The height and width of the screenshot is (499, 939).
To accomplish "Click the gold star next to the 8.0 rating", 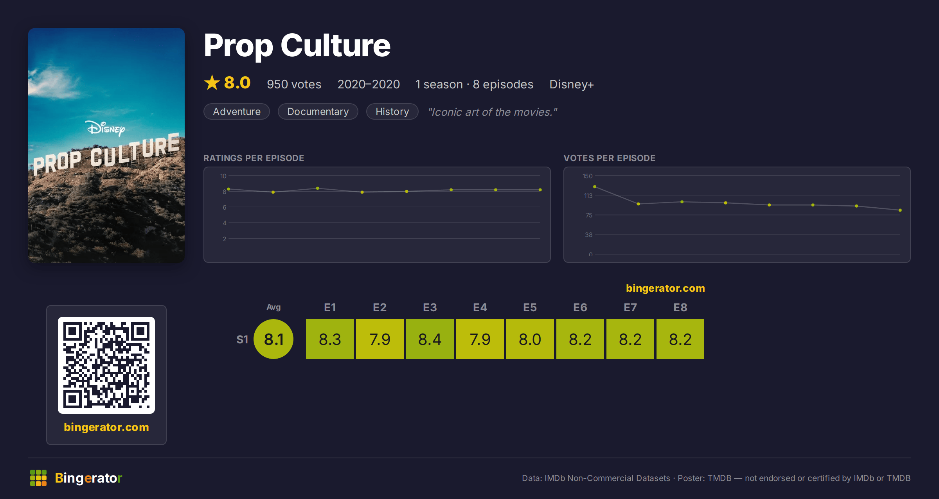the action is tap(212, 83).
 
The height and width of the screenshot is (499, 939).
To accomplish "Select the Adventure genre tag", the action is tap(237, 111).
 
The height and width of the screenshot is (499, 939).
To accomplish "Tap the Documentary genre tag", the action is tap(318, 111).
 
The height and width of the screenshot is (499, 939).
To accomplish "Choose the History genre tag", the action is tap(392, 111).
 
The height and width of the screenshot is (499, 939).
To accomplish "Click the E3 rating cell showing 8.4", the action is tap(430, 339).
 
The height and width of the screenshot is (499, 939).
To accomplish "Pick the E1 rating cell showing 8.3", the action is tap(330, 339).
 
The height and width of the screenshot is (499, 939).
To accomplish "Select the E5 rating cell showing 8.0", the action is tap(530, 339).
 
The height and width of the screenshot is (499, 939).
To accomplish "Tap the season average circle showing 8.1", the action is tap(273, 339).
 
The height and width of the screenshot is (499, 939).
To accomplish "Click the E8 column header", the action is tap(680, 307).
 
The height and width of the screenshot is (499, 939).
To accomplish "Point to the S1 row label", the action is tap(242, 339).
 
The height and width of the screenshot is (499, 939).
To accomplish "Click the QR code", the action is tap(106, 365).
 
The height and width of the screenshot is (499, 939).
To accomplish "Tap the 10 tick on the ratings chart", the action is tap(223, 176).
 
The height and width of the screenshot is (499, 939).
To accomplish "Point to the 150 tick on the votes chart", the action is tap(587, 176).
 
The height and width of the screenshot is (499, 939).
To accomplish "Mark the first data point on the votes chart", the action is tap(595, 187).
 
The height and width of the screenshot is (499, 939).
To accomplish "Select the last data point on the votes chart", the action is tap(900, 210).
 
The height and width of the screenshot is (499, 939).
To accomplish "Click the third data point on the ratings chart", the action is tap(318, 188).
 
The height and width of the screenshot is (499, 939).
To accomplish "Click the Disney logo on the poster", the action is tap(105, 128).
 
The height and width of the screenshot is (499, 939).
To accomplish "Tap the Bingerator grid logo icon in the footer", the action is tap(38, 478).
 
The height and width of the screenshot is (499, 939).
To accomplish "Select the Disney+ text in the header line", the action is tap(572, 84).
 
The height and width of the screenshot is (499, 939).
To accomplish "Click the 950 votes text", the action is tap(294, 84).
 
